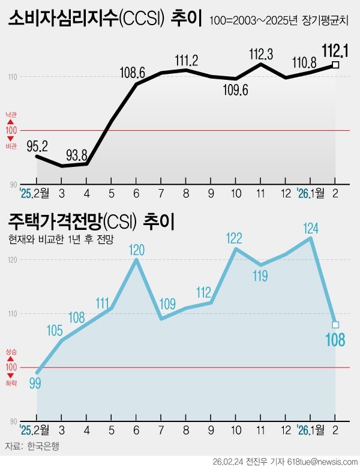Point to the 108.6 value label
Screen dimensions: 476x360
point(133,73)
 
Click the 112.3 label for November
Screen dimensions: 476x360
point(261,55)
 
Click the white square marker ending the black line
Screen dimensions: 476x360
point(335,65)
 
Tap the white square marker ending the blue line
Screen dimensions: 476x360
point(335,325)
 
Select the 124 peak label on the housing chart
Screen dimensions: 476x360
point(311,228)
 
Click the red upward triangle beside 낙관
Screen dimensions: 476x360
point(10,122)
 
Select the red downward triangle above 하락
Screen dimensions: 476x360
point(10,375)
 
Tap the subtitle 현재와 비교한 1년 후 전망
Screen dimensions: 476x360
point(61,239)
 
